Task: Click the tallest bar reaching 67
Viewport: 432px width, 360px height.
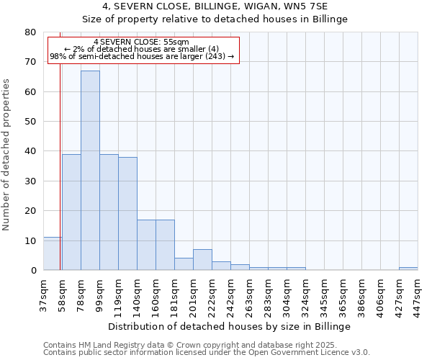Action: pos(90,171)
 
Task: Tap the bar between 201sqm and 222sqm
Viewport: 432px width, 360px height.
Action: pos(202,260)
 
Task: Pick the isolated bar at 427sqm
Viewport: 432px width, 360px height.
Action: pos(408,269)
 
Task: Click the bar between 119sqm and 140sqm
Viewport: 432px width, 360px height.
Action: pos(127,214)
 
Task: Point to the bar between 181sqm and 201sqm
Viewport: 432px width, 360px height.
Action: pos(184,264)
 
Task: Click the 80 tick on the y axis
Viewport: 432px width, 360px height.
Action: pos(30,32)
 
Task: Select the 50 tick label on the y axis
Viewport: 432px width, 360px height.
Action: pos(30,122)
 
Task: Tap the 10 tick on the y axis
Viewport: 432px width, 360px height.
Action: pos(30,240)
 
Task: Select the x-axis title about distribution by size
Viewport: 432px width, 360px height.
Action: pos(230,327)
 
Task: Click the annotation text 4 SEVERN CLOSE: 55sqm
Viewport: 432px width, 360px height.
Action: pos(141,42)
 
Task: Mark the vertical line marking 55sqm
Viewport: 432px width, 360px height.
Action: pos(60,180)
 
